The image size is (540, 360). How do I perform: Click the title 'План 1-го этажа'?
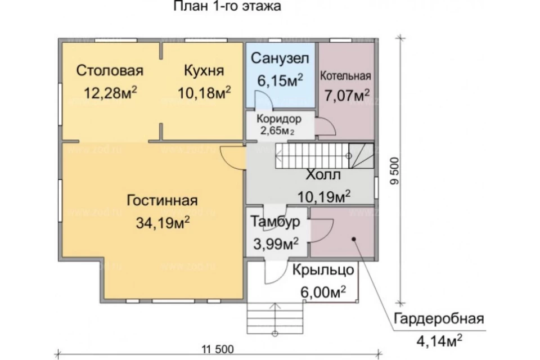pos(227,6)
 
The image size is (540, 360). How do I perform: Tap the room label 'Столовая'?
pos(110,70)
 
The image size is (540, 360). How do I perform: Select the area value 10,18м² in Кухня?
pos(204,93)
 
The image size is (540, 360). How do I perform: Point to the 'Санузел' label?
pos(280,58)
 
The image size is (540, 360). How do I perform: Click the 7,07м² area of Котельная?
pos(347,96)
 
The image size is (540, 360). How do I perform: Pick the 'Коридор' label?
pos(279,119)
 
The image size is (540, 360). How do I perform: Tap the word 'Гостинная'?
pos(162,200)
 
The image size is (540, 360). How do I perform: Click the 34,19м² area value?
pos(163,223)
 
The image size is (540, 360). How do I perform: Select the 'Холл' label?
pos(323,175)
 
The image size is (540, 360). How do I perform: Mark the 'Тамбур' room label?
pos(275,222)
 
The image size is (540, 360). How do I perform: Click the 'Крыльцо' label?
pos(323,270)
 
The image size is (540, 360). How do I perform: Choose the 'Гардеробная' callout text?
pos(439,319)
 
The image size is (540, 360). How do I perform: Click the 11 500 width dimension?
pos(218,349)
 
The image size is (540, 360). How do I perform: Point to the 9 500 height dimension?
pos(395,171)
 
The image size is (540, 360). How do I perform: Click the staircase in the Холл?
pos(325,156)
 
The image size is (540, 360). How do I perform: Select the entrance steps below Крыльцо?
pos(275,318)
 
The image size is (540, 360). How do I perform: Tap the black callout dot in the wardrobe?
pos(354,239)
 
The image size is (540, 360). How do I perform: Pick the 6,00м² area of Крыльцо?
pos(323,292)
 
